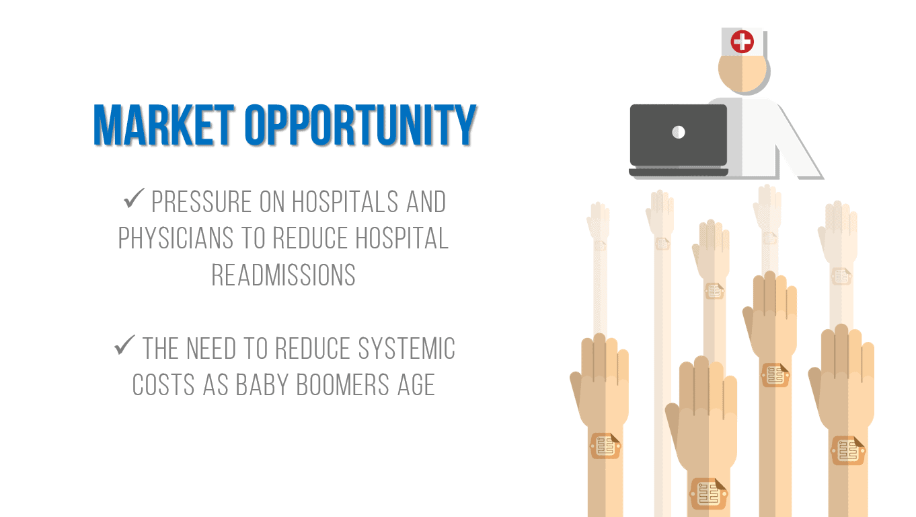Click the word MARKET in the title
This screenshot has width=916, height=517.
(x=163, y=125)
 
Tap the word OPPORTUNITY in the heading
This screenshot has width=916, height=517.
(x=360, y=125)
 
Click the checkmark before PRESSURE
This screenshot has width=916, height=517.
(x=134, y=198)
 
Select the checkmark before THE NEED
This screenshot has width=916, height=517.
(x=124, y=345)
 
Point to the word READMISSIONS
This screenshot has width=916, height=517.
(x=283, y=275)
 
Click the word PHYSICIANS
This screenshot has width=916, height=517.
(x=176, y=238)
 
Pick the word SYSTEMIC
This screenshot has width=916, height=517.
(x=406, y=348)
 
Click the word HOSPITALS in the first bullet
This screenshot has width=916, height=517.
(x=345, y=202)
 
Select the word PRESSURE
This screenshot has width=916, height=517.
(x=201, y=202)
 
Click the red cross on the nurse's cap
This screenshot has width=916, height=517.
(x=742, y=41)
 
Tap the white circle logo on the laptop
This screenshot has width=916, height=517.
(x=679, y=132)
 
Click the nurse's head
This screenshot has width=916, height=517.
(x=742, y=73)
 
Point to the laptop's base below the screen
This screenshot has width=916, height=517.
(x=679, y=172)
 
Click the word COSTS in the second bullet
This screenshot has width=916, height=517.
(x=163, y=385)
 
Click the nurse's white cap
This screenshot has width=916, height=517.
(x=742, y=41)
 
